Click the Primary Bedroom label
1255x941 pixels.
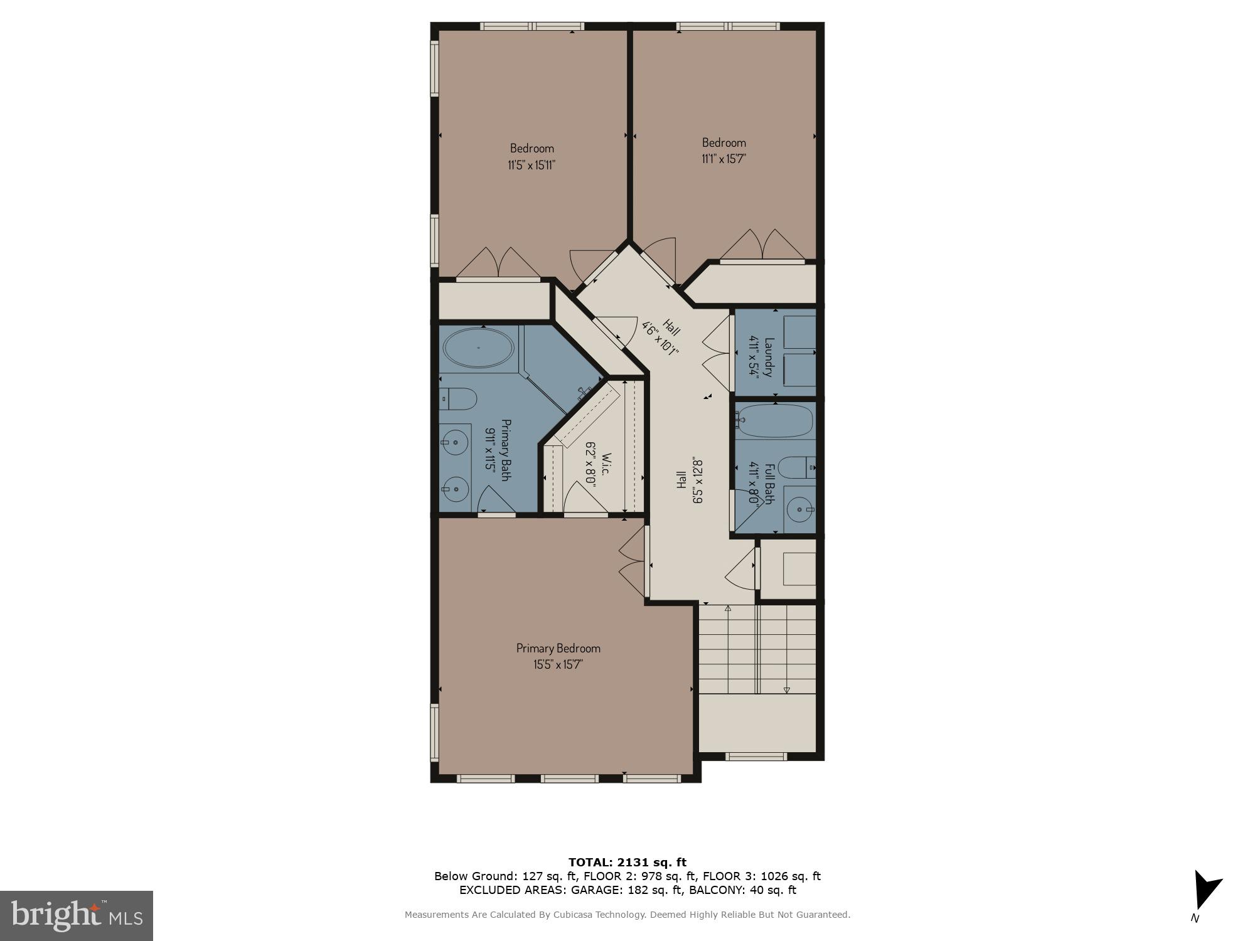coord(558,648)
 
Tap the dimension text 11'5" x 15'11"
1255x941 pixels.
coord(531,165)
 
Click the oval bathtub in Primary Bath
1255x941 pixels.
coord(478,348)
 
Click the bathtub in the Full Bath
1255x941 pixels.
coord(775,420)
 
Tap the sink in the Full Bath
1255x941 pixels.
coord(800,510)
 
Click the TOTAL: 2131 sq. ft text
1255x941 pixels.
coord(627,862)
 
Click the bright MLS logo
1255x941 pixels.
coord(77,916)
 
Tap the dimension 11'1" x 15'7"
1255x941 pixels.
coord(724,159)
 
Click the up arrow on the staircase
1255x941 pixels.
coord(728,609)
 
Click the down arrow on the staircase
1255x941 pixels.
coord(786,690)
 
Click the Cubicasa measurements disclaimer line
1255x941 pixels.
coord(627,915)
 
